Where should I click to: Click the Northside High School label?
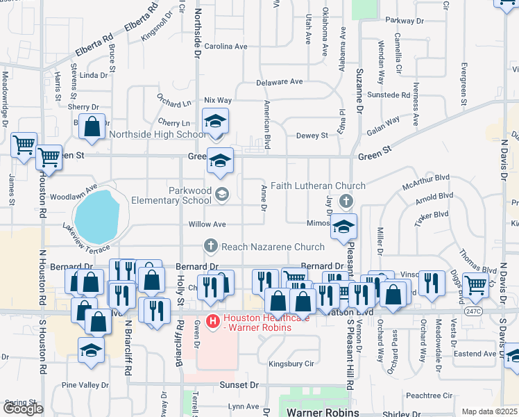tap(158, 135)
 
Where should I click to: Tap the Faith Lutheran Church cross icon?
tap(348, 202)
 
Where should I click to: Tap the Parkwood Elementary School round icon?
tap(221, 193)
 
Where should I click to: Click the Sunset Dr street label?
tap(239, 384)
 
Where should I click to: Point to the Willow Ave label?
tap(207, 224)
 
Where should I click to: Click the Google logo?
tap(23, 409)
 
